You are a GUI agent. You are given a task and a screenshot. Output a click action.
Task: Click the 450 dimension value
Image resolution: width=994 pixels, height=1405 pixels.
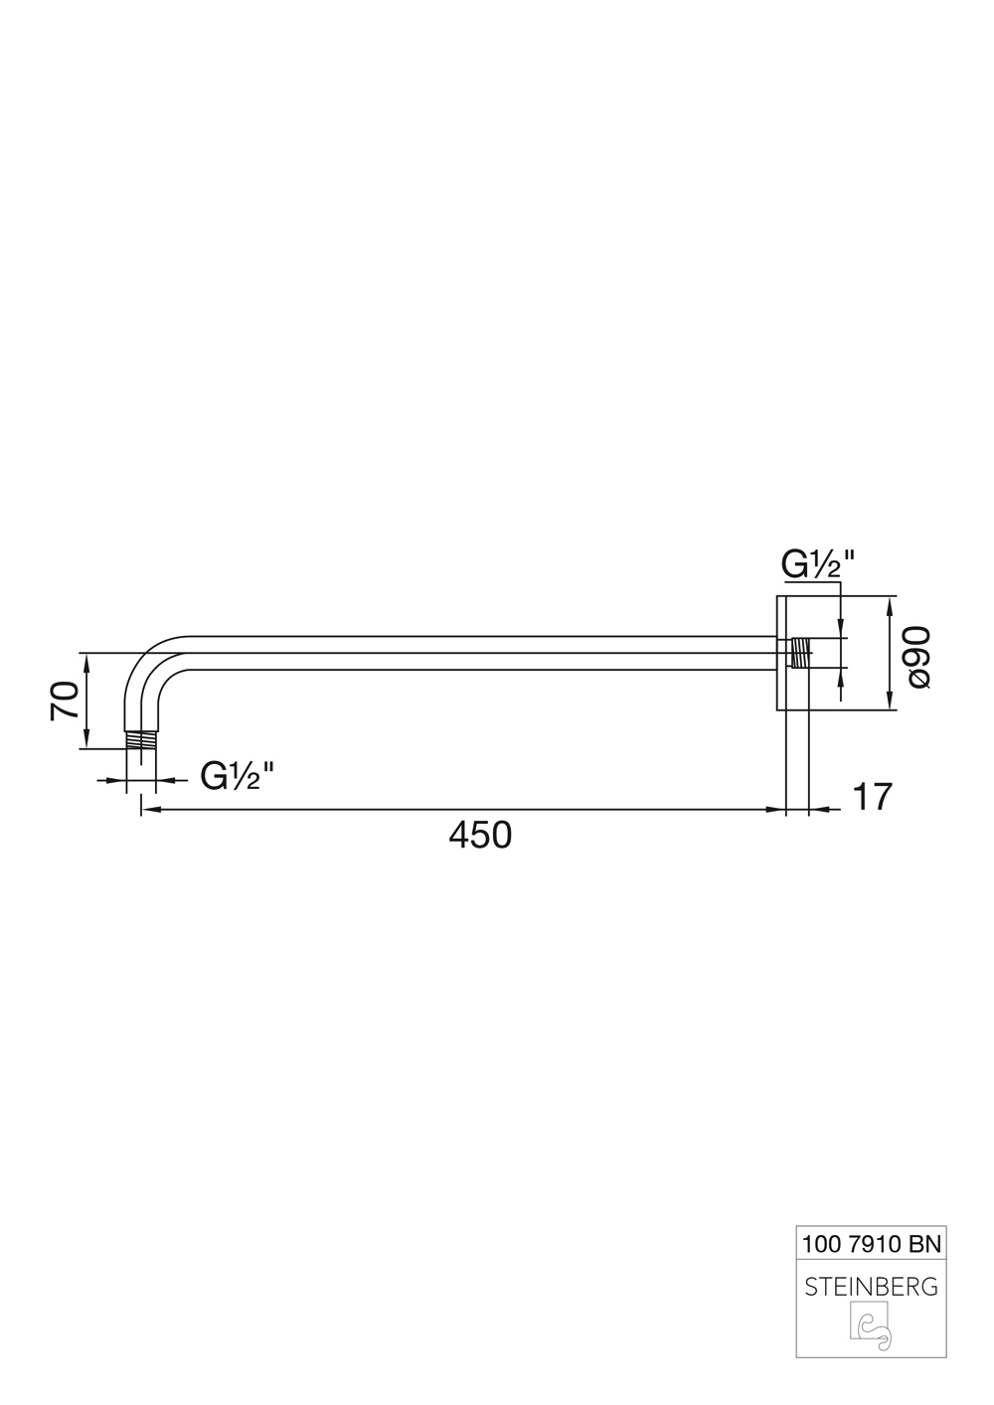(x=480, y=836)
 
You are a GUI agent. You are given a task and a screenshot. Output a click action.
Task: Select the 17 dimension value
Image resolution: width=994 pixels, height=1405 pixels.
(x=872, y=797)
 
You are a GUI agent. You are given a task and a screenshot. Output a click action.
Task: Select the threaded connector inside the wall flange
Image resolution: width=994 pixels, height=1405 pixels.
(x=800, y=653)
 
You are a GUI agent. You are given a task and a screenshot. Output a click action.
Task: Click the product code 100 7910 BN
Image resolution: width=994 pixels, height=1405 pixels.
(x=871, y=1242)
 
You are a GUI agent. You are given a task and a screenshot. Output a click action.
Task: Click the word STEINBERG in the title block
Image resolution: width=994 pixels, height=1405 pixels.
(x=871, y=1287)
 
